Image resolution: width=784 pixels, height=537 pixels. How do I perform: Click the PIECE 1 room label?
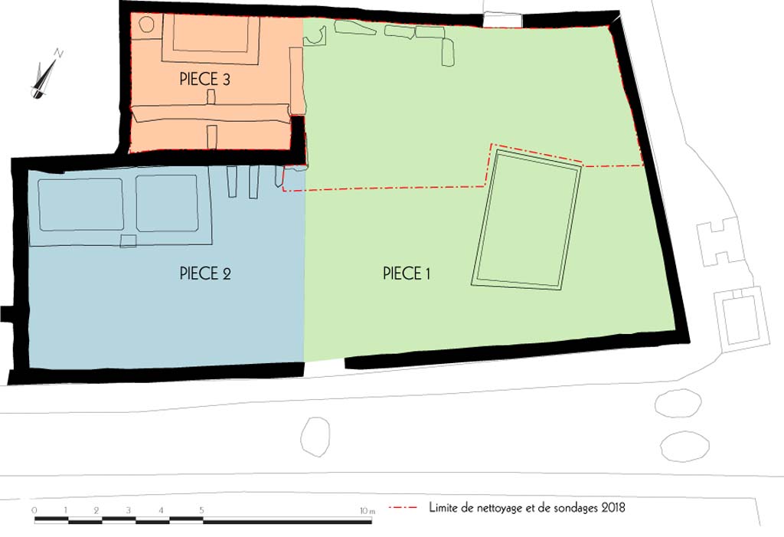pyautogui.click(x=406, y=273)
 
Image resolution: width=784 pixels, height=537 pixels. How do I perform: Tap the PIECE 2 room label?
pyautogui.click(x=205, y=273)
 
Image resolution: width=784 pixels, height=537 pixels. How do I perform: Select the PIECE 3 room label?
pyautogui.click(x=205, y=78)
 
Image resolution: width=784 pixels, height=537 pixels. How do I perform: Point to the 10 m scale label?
pyautogui.click(x=367, y=510)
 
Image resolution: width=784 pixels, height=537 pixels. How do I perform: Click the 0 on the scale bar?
pyautogui.click(x=34, y=510)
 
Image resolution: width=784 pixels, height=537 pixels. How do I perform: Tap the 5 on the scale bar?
pyautogui.click(x=202, y=510)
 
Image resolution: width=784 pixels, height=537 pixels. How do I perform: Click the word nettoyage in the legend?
pyautogui.click(x=497, y=507)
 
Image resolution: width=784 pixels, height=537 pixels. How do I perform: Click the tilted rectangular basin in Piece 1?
pyautogui.click(x=529, y=219)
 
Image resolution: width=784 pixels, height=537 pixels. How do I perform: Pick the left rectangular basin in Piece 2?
pyautogui.click(x=80, y=205)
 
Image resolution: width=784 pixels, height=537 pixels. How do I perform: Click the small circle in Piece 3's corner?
pyautogui.click(x=145, y=25)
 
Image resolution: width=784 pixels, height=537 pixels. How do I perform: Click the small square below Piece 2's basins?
pyautogui.click(x=129, y=241)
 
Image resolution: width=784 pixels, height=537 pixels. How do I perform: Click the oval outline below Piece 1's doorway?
pyautogui.click(x=314, y=437)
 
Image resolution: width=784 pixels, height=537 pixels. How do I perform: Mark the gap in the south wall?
pyautogui.click(x=324, y=367)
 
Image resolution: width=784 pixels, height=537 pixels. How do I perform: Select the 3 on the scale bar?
pyautogui.click(x=127, y=510)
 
